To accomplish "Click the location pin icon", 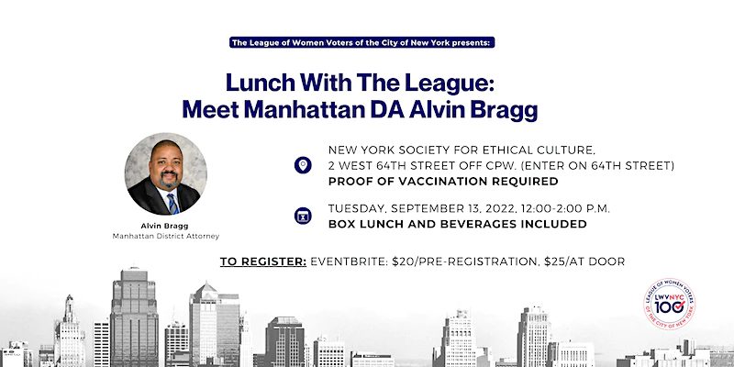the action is pyautogui.click(x=303, y=165).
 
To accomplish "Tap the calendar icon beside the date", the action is pyautogui.click(x=303, y=216).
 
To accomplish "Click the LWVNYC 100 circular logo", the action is pyautogui.click(x=670, y=304).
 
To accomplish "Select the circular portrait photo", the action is pyautogui.click(x=165, y=174).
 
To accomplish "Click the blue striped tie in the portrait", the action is pyautogui.click(x=172, y=203).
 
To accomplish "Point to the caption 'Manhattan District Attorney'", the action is pyautogui.click(x=166, y=237).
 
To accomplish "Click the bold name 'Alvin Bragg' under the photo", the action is pyautogui.click(x=165, y=226).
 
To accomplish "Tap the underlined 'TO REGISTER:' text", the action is pyautogui.click(x=263, y=261).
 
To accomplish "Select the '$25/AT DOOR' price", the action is pyautogui.click(x=584, y=261).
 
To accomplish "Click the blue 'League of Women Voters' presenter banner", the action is pyautogui.click(x=361, y=42).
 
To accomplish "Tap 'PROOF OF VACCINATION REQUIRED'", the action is pyautogui.click(x=443, y=181).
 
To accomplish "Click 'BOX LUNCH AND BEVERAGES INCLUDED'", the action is pyautogui.click(x=457, y=224).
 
